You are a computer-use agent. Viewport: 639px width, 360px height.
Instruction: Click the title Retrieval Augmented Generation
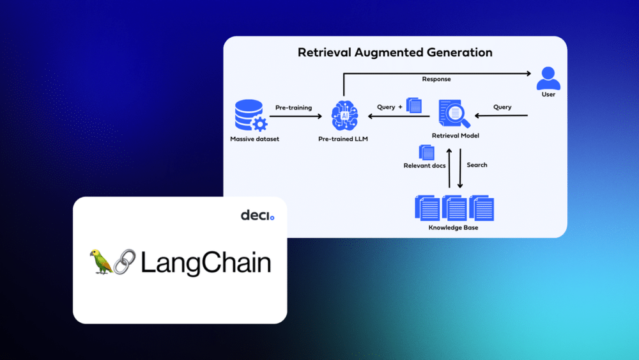[x=395, y=52]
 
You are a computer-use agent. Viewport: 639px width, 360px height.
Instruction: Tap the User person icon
[x=548, y=78]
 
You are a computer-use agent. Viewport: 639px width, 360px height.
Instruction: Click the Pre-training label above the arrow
[x=293, y=107]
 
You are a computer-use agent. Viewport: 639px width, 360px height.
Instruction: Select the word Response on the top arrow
[x=436, y=79]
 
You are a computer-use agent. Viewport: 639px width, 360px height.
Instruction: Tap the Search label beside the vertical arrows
[x=477, y=165]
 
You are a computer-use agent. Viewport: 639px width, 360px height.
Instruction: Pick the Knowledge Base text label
[x=453, y=228]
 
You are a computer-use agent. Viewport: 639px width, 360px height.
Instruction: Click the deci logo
[x=257, y=215]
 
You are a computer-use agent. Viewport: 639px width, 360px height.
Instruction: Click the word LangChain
[x=205, y=263]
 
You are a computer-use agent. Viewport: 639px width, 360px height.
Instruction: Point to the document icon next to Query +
[x=414, y=106]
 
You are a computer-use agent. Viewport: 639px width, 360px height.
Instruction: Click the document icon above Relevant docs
[x=426, y=152]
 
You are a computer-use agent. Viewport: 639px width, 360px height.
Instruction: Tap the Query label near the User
[x=502, y=107]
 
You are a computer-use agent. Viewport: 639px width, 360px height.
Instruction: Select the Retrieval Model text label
[x=455, y=136]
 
